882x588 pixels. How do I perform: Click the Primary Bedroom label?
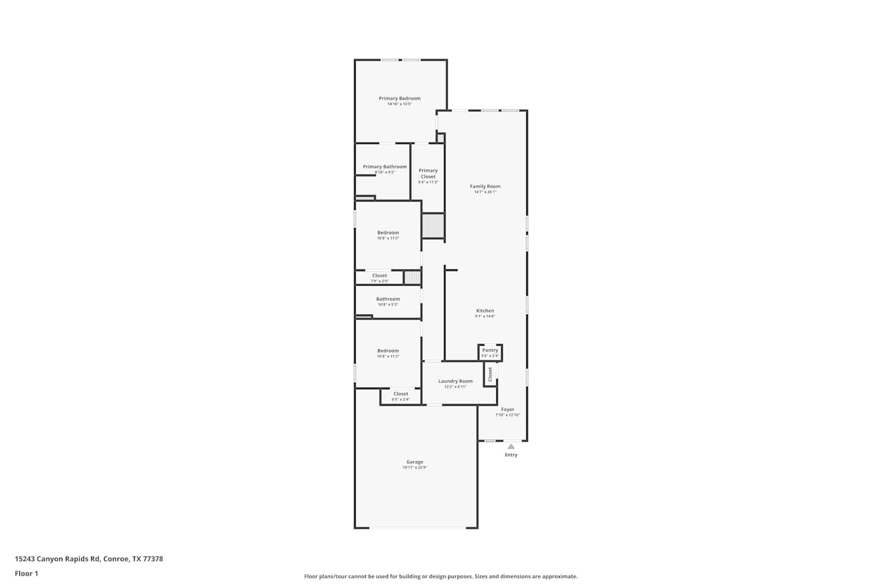point(399,99)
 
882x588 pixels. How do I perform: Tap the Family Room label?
point(485,186)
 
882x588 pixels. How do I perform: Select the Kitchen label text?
point(485,310)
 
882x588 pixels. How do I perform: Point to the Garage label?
point(415,462)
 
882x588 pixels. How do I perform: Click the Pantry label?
point(490,350)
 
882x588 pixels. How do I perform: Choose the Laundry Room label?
point(455,381)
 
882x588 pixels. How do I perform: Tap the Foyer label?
point(507,409)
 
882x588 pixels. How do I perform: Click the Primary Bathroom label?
point(385,167)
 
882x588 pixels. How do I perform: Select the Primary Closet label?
point(428,173)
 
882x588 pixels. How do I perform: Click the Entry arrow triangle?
point(511,446)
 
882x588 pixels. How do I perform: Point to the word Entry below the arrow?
point(511,455)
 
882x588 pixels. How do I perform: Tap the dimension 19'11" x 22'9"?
point(415,468)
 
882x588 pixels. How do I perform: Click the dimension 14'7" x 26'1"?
point(485,192)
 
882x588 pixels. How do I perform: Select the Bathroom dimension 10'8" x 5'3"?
point(388,305)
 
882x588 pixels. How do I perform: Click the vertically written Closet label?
point(490,374)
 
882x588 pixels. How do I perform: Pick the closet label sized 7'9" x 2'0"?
point(379,276)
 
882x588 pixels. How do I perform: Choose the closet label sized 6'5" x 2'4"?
point(400,394)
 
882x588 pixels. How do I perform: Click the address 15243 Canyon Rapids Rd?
point(89,559)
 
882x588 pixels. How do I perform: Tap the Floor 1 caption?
point(26,573)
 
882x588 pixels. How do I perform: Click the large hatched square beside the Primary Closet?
point(433,226)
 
